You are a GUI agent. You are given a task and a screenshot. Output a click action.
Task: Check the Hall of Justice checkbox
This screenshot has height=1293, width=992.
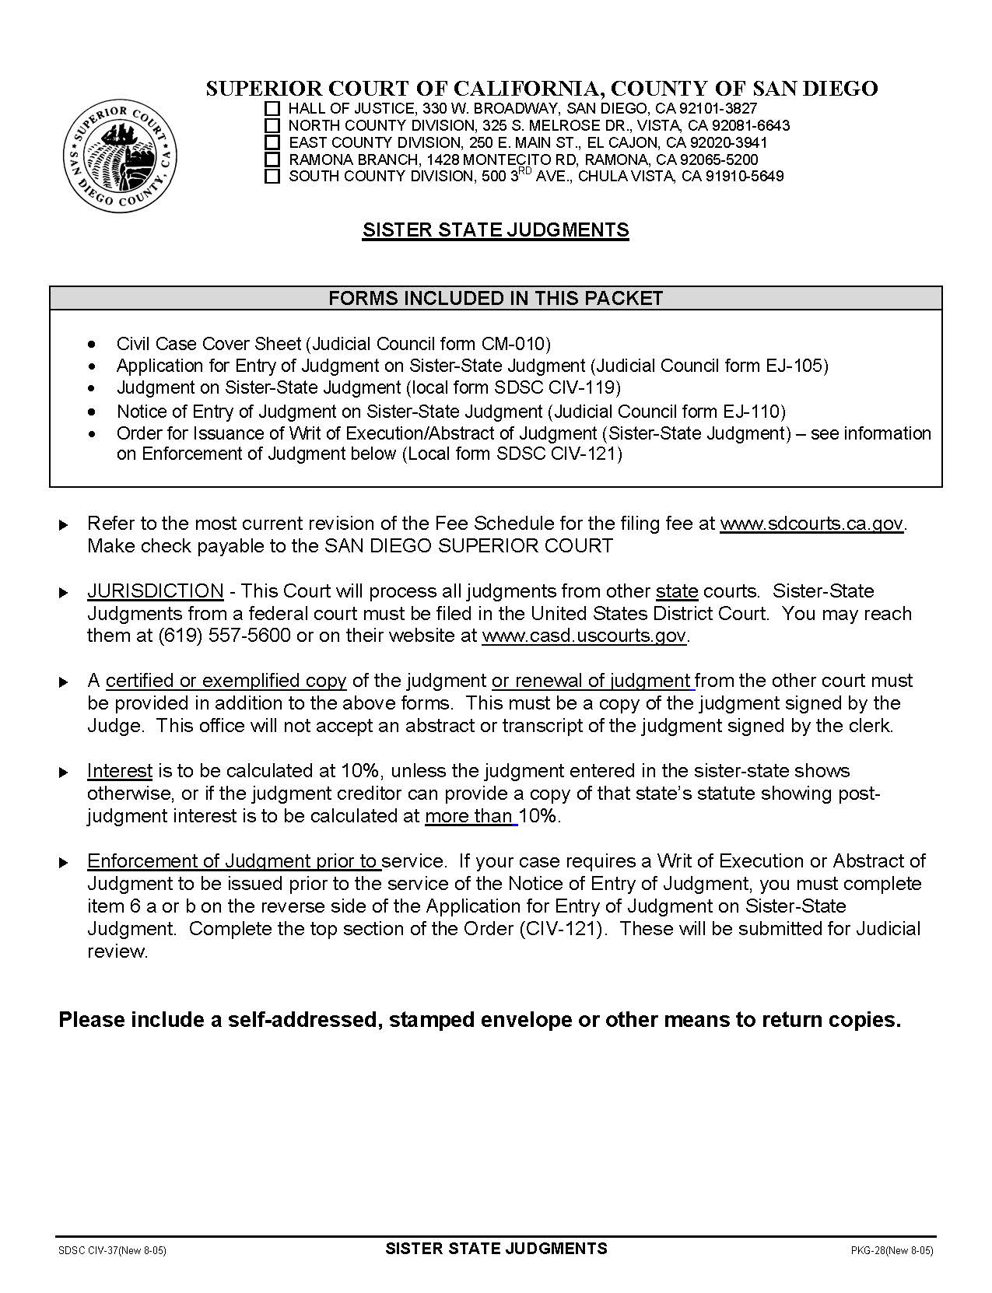272,109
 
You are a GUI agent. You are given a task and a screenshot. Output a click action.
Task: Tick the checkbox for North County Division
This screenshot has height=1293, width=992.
272,125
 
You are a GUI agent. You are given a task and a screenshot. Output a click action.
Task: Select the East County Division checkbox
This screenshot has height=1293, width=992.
272,142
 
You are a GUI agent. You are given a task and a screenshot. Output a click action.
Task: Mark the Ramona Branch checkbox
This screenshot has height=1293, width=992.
272,159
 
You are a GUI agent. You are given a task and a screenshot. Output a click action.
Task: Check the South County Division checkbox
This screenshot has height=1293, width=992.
272,177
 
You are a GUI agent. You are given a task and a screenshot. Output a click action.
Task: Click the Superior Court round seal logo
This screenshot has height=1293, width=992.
120,155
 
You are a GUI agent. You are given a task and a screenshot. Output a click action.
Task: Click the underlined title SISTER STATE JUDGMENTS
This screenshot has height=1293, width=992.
495,230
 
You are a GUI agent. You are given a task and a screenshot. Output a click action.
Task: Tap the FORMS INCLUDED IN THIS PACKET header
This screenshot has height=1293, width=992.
495,299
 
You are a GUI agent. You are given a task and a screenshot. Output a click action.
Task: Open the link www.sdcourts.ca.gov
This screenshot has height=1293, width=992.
811,524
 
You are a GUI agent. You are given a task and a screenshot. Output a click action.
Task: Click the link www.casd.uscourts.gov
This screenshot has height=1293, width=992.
584,636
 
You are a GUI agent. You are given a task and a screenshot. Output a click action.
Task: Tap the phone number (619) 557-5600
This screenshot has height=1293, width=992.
224,636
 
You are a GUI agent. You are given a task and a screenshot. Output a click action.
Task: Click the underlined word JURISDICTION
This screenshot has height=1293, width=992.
155,591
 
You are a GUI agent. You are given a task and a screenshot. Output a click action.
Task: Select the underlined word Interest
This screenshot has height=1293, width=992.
119,771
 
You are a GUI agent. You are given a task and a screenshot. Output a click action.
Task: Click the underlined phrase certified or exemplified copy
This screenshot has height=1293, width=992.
226,681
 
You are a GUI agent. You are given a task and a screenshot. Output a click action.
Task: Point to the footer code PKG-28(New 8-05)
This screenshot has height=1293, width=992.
891,1251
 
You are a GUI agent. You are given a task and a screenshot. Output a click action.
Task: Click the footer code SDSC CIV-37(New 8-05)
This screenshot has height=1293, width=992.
112,1251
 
